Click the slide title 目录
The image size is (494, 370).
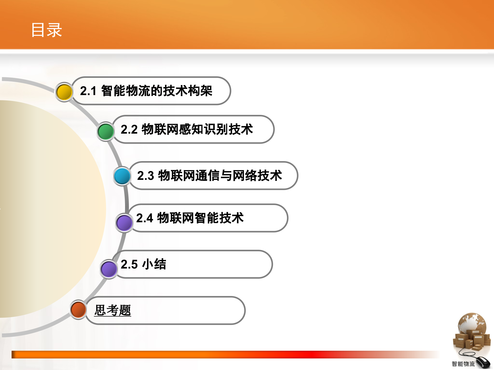click(47, 30)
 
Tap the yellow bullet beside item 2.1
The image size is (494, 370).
click(64, 92)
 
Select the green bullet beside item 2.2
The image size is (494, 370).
click(106, 131)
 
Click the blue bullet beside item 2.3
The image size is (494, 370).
click(122, 176)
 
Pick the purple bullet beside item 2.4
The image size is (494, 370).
click(124, 223)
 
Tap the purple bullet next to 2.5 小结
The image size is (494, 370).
click(109, 269)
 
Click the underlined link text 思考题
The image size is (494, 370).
click(113, 310)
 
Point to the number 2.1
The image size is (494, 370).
click(88, 91)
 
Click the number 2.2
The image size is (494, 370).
click(129, 129)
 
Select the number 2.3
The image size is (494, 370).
click(145, 176)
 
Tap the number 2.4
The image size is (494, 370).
click(144, 218)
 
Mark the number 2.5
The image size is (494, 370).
click(129, 264)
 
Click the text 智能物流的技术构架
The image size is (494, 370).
click(157, 91)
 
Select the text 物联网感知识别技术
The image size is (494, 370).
click(197, 129)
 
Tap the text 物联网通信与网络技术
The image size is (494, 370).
click(220, 176)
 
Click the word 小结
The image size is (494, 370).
click(154, 264)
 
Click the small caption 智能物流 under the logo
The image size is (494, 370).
click(463, 364)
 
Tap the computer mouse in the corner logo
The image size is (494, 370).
click(483, 362)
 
